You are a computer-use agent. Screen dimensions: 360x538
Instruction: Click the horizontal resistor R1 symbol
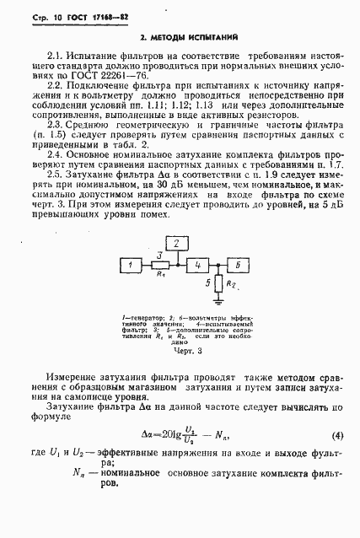click(x=160, y=265)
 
